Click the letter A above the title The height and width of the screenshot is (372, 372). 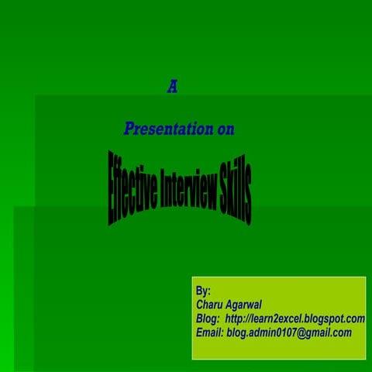click(172, 88)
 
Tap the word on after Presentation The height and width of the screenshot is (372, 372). click(226, 129)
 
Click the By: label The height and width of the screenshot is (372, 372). click(204, 291)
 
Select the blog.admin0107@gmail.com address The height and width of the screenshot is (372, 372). click(289, 332)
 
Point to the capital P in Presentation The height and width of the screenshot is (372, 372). click(129, 129)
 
